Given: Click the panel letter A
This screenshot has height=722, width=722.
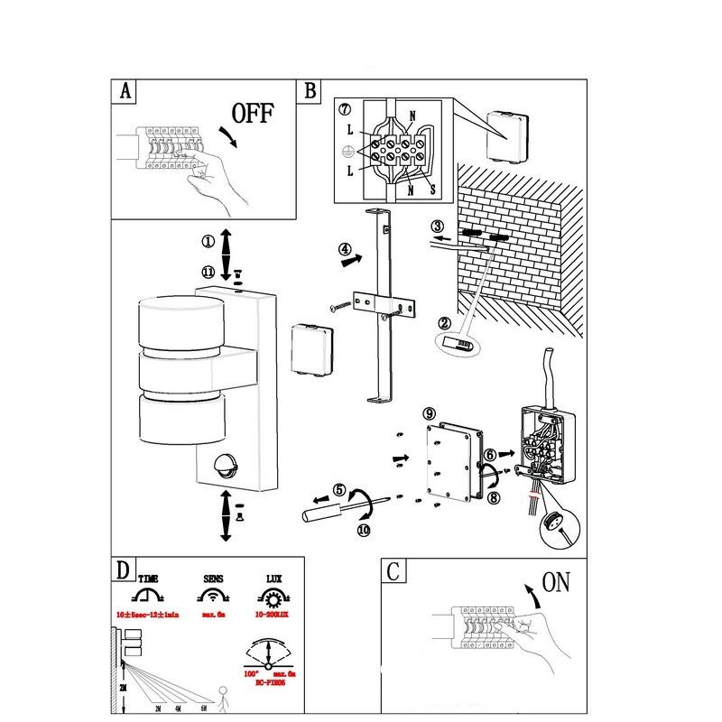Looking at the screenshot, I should tap(125, 91).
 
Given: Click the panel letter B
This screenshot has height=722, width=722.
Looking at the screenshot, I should tap(310, 91).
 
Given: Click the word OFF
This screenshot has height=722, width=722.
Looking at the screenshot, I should tap(252, 114).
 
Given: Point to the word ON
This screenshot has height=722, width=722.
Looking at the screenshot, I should tap(556, 582).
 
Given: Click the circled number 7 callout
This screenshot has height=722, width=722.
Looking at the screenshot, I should tap(345, 110).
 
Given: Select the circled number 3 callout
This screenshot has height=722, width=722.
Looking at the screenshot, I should tap(438, 227).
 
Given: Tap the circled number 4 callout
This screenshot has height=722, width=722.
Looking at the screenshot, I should tap(345, 249).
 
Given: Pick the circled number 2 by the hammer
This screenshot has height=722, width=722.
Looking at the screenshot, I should tap(444, 323).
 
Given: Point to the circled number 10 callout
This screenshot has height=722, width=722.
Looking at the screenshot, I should tap(363, 531).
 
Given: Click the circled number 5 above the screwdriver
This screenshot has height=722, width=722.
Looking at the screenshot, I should tap(339, 491).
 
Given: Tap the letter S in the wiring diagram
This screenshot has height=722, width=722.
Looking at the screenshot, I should tap(432, 190).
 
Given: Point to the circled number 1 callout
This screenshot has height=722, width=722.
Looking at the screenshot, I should tap(208, 242).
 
